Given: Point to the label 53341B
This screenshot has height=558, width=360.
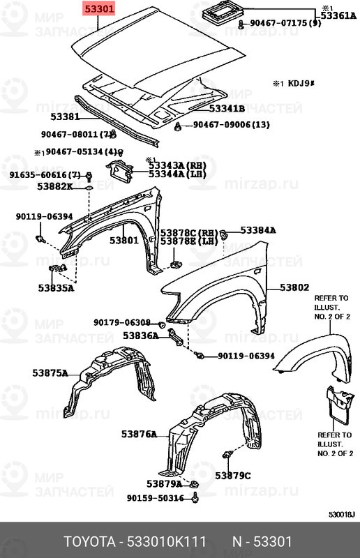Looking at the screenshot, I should [x=227, y=108].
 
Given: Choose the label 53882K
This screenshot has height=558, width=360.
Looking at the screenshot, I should [x=55, y=186].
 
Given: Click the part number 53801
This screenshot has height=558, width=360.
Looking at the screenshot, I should [x=123, y=240].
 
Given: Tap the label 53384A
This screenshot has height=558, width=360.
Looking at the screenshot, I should [x=258, y=230].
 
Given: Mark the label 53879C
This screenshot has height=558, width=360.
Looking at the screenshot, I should [x=232, y=476].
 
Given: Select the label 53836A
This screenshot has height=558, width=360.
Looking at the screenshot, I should [x=140, y=335].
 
